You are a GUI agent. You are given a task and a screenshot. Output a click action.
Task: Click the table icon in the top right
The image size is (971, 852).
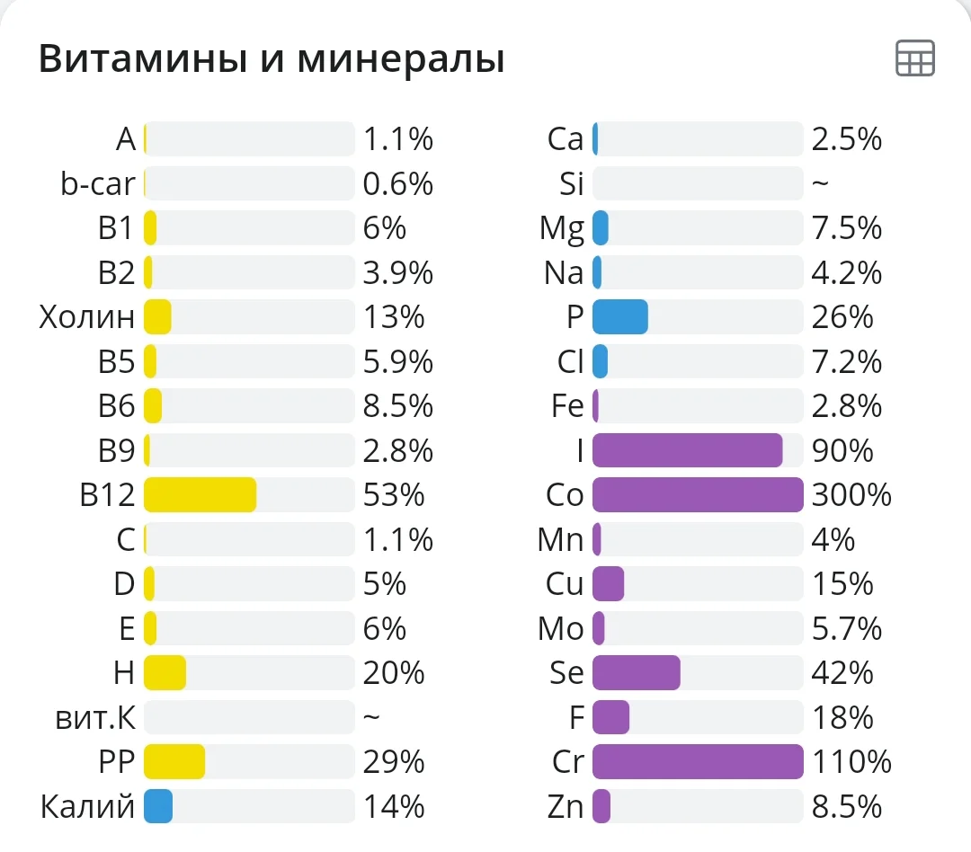915,58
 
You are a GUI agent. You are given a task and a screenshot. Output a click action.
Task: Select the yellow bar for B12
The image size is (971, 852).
200,495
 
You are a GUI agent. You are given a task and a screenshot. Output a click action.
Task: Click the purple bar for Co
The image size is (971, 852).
697,495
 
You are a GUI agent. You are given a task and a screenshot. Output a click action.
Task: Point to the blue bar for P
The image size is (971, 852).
620,317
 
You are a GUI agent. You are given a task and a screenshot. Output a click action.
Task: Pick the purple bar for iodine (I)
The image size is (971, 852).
687,450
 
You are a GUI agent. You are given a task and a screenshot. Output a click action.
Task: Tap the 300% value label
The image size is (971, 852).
851,495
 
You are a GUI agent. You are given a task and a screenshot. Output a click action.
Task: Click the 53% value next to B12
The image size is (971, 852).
394,495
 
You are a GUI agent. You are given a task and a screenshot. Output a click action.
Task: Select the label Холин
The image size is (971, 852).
87,317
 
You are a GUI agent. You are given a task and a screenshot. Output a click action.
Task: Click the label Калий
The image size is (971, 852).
87,807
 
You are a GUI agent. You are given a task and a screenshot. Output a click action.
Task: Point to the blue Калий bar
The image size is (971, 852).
158,807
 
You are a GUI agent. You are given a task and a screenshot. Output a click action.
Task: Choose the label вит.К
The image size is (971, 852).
94,718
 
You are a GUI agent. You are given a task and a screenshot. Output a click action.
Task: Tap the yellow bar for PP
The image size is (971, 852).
174,762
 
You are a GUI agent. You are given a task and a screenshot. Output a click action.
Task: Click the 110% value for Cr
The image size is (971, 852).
851,762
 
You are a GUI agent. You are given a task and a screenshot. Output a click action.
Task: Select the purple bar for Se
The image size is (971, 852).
636,673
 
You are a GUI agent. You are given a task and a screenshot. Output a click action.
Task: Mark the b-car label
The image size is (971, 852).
97,184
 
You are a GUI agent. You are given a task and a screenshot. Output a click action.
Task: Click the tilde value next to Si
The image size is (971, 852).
819,184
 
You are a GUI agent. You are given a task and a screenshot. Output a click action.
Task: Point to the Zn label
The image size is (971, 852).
566,807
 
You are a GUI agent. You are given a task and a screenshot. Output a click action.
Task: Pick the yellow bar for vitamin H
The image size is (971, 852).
165,673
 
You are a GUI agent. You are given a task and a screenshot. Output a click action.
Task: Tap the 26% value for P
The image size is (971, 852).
842,317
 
